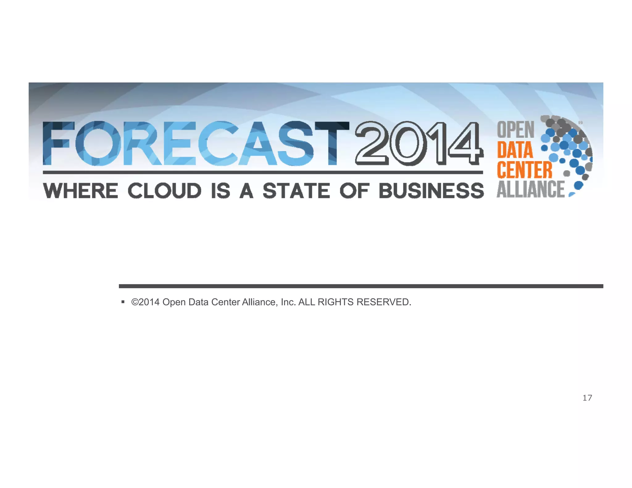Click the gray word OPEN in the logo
coord(515,130)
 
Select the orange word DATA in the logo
coord(515,150)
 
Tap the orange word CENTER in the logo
coord(524,170)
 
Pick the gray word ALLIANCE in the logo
coord(530,189)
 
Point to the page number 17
coord(587,398)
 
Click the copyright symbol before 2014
coord(135,302)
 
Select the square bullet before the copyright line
coord(123,302)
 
